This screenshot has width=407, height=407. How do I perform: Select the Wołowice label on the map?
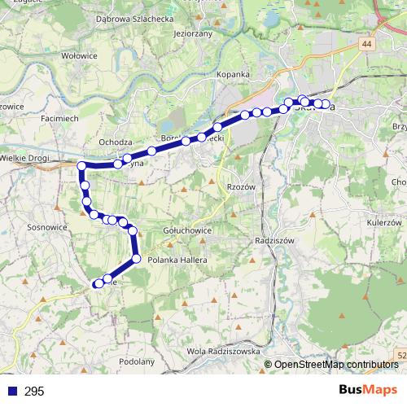(x=81, y=56)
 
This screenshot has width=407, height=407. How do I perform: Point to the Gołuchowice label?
(x=188, y=230)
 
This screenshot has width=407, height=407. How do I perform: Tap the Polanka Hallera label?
(x=184, y=259)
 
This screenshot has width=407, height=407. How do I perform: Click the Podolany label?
(x=136, y=360)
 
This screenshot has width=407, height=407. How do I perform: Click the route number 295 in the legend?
(x=34, y=392)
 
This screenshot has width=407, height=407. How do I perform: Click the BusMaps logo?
(x=367, y=390)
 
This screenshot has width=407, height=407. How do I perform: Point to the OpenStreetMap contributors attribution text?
(x=336, y=365)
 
